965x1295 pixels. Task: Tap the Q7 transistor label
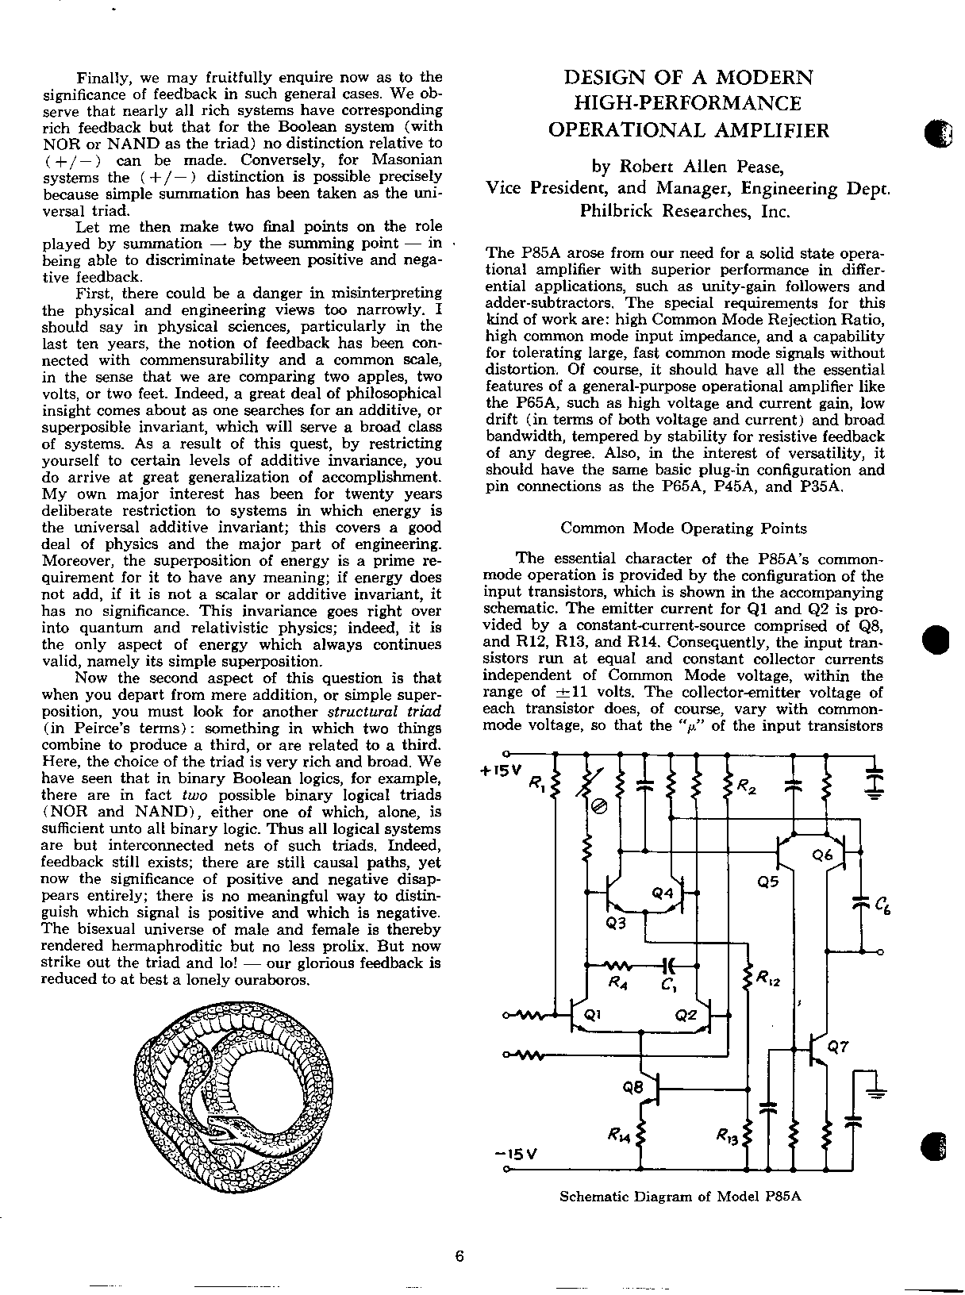tap(838, 1047)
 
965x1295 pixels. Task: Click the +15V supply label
tap(502, 770)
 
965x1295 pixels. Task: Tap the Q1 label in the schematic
tap(593, 1015)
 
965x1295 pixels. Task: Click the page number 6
tap(459, 1255)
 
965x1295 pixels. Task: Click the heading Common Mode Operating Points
tap(683, 528)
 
